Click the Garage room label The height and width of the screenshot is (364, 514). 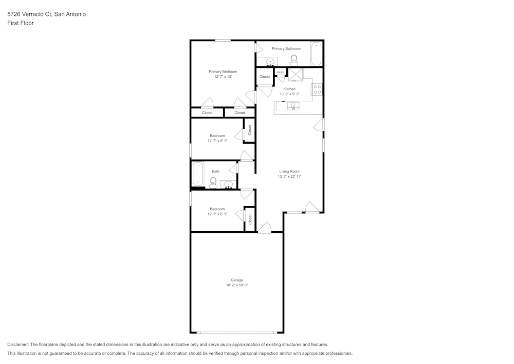[236, 280]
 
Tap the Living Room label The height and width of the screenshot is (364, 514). [289, 171]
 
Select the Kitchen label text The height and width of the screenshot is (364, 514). [289, 89]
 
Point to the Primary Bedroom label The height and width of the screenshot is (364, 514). [223, 72]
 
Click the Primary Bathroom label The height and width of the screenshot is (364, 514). [286, 48]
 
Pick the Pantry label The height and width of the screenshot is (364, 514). [280, 72]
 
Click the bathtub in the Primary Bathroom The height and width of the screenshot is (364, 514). [316, 54]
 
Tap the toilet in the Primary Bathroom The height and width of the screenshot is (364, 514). [294, 60]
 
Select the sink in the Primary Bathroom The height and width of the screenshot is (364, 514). [270, 62]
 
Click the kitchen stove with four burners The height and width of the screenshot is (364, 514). [317, 89]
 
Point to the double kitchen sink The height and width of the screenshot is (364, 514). [293, 106]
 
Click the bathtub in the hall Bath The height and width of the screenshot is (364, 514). [198, 174]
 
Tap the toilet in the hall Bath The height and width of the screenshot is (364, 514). [213, 183]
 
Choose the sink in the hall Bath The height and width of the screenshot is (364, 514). [229, 184]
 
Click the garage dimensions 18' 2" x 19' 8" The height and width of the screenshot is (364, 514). [236, 285]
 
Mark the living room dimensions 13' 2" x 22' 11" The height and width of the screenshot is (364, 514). [289, 177]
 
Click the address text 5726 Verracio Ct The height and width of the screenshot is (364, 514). [29, 14]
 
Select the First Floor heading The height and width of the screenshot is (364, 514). [21, 23]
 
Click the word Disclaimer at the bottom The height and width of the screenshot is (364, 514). [18, 344]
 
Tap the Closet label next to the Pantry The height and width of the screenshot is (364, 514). [265, 77]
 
